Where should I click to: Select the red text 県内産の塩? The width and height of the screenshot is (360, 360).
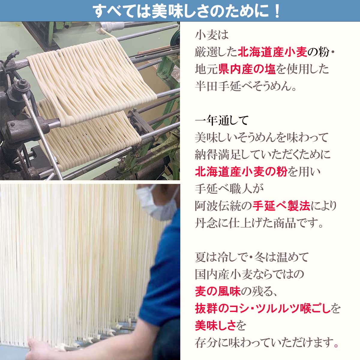[x=247, y=70]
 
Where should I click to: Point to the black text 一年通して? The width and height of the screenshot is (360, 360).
[x=222, y=121]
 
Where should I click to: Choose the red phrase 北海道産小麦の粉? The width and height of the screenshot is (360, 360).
[x=241, y=172]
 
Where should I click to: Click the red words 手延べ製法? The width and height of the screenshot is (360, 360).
[x=281, y=206]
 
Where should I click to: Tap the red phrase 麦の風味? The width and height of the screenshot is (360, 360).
[x=218, y=291]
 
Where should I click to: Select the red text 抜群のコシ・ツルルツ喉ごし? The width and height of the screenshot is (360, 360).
[x=263, y=308]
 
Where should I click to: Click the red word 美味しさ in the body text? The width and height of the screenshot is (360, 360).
[x=216, y=325]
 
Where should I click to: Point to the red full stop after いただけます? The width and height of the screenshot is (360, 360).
[x=336, y=345]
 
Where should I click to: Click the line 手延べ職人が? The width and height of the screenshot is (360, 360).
[x=229, y=189]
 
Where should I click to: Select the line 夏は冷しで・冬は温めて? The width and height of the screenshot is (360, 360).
[x=251, y=257]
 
